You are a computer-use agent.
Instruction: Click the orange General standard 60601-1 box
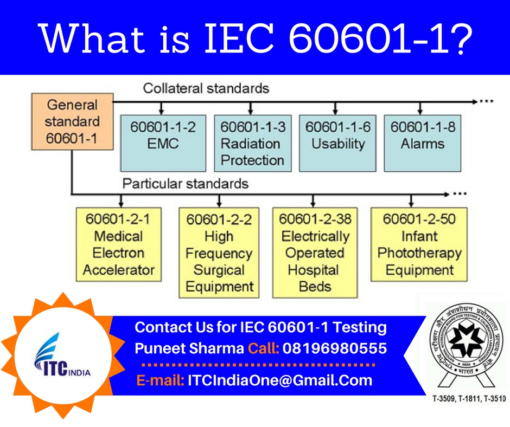pos(72,122)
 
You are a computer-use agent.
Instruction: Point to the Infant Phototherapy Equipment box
pos(419,244)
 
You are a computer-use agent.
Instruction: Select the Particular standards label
pos(185,184)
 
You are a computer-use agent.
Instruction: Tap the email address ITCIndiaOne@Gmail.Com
pos(280,380)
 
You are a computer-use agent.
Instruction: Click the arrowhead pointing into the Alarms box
pos(422,109)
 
